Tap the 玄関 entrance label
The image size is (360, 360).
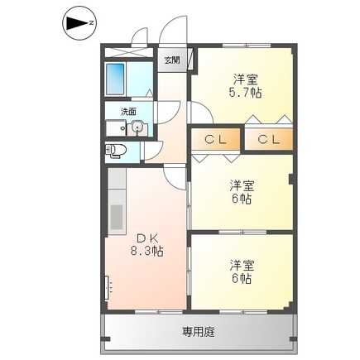[172, 60]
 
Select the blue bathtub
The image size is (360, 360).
[115, 79]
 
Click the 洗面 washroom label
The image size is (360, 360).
[128, 112]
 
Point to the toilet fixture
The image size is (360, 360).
[115, 151]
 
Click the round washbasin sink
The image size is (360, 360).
[137, 127]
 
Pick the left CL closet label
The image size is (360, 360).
[215, 140]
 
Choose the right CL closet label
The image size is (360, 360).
[269, 140]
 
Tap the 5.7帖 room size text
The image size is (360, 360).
[245, 94]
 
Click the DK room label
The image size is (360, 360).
[147, 238]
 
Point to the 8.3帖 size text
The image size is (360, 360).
[146, 252]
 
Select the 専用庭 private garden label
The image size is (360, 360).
[198, 332]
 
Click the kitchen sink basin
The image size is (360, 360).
[117, 217]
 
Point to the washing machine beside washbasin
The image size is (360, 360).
[116, 128]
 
